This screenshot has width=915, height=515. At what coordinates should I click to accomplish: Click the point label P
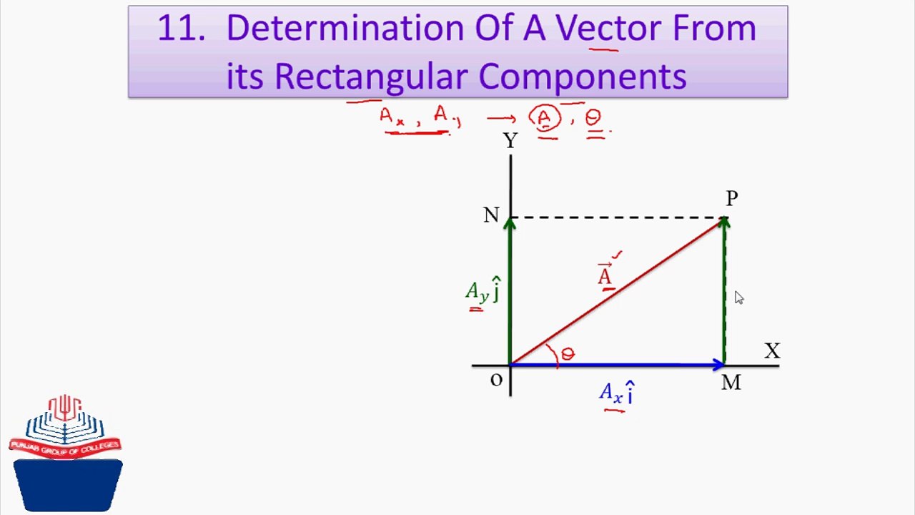(731, 198)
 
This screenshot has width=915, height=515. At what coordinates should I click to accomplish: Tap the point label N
(490, 215)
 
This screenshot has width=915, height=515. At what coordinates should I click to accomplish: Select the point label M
(731, 383)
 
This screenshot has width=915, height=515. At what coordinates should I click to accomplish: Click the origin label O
(496, 381)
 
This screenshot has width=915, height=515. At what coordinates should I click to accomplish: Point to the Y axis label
(510, 141)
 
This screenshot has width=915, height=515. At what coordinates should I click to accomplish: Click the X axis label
(772, 351)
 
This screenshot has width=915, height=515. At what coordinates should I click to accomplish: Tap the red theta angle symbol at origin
(568, 354)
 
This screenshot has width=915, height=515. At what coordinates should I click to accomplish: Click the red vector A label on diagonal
(605, 275)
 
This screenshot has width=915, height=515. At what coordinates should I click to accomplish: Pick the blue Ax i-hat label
(617, 393)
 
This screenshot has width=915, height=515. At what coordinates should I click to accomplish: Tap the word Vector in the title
(608, 29)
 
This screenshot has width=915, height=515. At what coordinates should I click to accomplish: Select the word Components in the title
(583, 76)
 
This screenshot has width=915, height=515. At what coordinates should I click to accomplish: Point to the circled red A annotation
(545, 117)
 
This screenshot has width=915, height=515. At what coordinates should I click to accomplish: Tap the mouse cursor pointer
(738, 298)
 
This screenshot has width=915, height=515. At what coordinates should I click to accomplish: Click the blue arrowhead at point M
(718, 366)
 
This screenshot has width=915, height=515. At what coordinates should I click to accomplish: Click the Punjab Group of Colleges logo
(66, 453)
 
